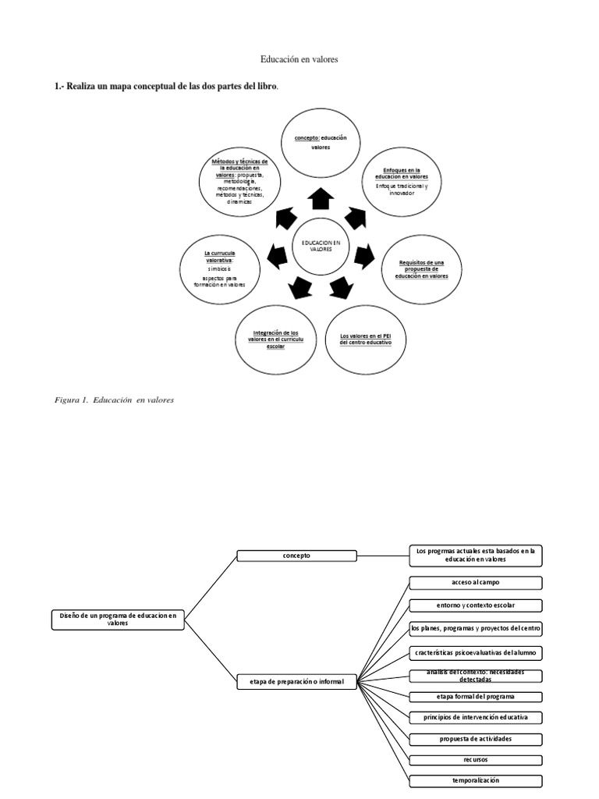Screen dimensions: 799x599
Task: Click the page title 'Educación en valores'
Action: click(299, 59)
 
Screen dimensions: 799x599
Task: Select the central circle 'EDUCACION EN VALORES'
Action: click(321, 246)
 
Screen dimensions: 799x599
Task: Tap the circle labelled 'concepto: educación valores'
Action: click(321, 143)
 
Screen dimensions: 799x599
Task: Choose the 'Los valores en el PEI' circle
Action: click(366, 339)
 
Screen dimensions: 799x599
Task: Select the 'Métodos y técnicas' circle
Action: click(239, 181)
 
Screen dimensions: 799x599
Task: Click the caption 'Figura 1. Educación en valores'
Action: click(114, 399)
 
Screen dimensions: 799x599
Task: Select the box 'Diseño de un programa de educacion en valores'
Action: click(119, 620)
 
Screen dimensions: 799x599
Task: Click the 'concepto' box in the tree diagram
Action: click(296, 556)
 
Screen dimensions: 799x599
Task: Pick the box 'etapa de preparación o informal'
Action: click(296, 681)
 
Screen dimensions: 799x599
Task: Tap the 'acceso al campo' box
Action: click(475, 583)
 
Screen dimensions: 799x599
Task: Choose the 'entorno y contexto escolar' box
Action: click(475, 605)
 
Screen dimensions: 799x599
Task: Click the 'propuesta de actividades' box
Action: click(475, 739)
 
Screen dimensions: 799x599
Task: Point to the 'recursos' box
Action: click(475, 759)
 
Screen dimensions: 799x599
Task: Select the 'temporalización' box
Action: click(475, 780)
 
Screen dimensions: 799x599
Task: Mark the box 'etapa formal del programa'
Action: click(475, 696)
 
